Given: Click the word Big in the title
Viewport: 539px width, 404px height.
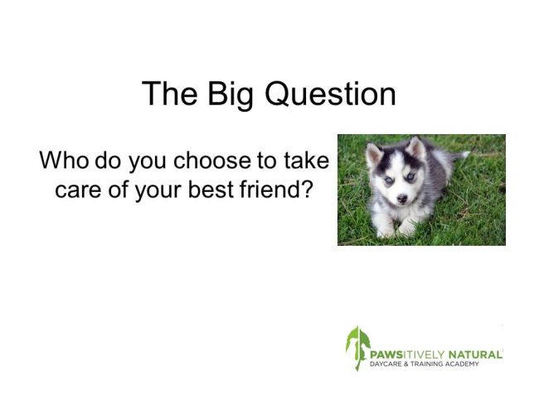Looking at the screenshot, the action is pos(230,94).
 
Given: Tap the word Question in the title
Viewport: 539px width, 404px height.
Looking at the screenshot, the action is pos(330,94).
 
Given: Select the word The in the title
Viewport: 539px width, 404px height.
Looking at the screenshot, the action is pos(169,93).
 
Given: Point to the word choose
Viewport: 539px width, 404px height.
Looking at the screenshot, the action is pos(212,161).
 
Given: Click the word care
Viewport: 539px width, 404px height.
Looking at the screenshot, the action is pos(78,190).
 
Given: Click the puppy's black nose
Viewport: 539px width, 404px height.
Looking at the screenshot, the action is pos(402,198).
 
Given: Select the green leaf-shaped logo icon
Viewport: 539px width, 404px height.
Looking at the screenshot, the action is pos(357,348).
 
